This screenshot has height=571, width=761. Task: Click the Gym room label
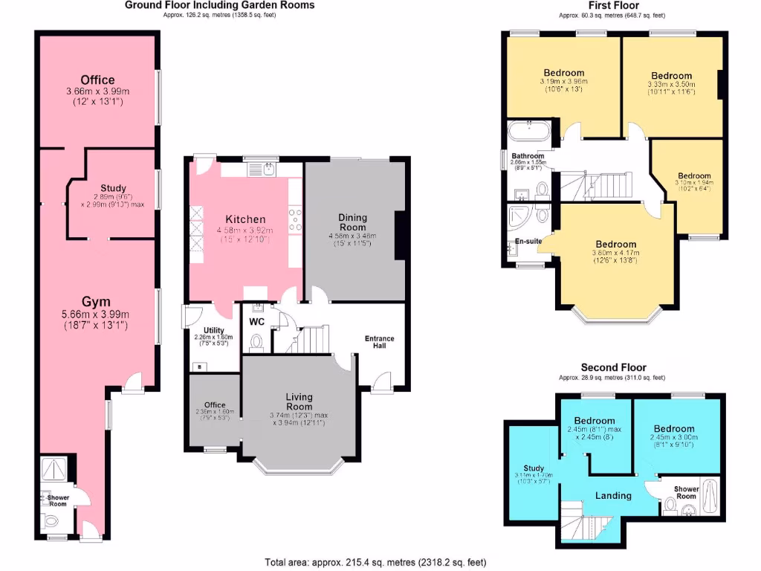(96, 301)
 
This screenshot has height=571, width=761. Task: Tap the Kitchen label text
(245, 219)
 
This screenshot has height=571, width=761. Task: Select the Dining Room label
(353, 222)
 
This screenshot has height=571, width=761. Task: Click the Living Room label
(299, 401)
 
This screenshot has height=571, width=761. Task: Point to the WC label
(257, 322)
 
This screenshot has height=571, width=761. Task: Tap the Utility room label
(203, 330)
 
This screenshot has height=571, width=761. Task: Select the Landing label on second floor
(614, 495)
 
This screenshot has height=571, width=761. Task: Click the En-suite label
(528, 241)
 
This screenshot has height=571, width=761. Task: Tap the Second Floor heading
(613, 367)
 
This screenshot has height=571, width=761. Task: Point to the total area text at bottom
(376, 562)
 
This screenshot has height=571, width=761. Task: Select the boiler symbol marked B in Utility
(198, 366)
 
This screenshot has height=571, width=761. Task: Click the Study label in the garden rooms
(113, 188)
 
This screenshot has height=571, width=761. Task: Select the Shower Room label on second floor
(685, 492)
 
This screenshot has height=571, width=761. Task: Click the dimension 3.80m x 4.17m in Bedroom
(615, 253)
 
